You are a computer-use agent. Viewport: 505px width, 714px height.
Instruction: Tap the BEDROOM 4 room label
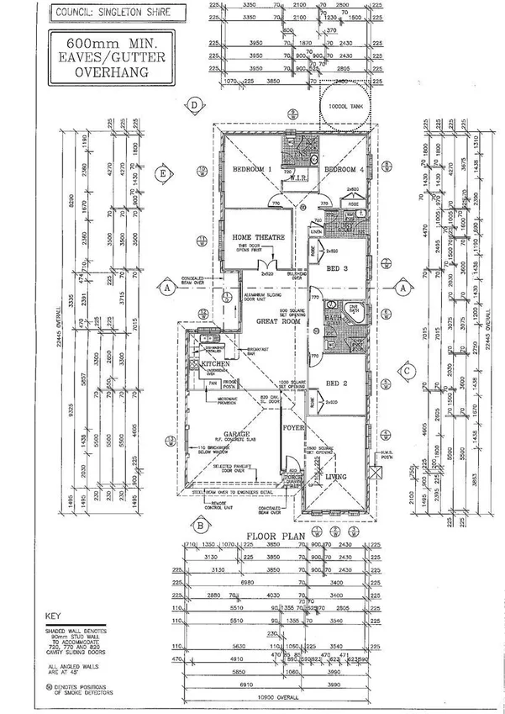click(x=342, y=169)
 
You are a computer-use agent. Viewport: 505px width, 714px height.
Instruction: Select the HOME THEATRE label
click(x=259, y=238)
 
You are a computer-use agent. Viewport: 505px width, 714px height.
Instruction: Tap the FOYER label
click(x=292, y=426)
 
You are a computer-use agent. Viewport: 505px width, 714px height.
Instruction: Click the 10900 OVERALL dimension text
click(x=280, y=698)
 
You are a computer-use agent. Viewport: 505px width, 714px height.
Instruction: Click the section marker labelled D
click(x=194, y=105)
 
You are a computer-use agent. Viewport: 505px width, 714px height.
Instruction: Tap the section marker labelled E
click(x=164, y=175)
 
